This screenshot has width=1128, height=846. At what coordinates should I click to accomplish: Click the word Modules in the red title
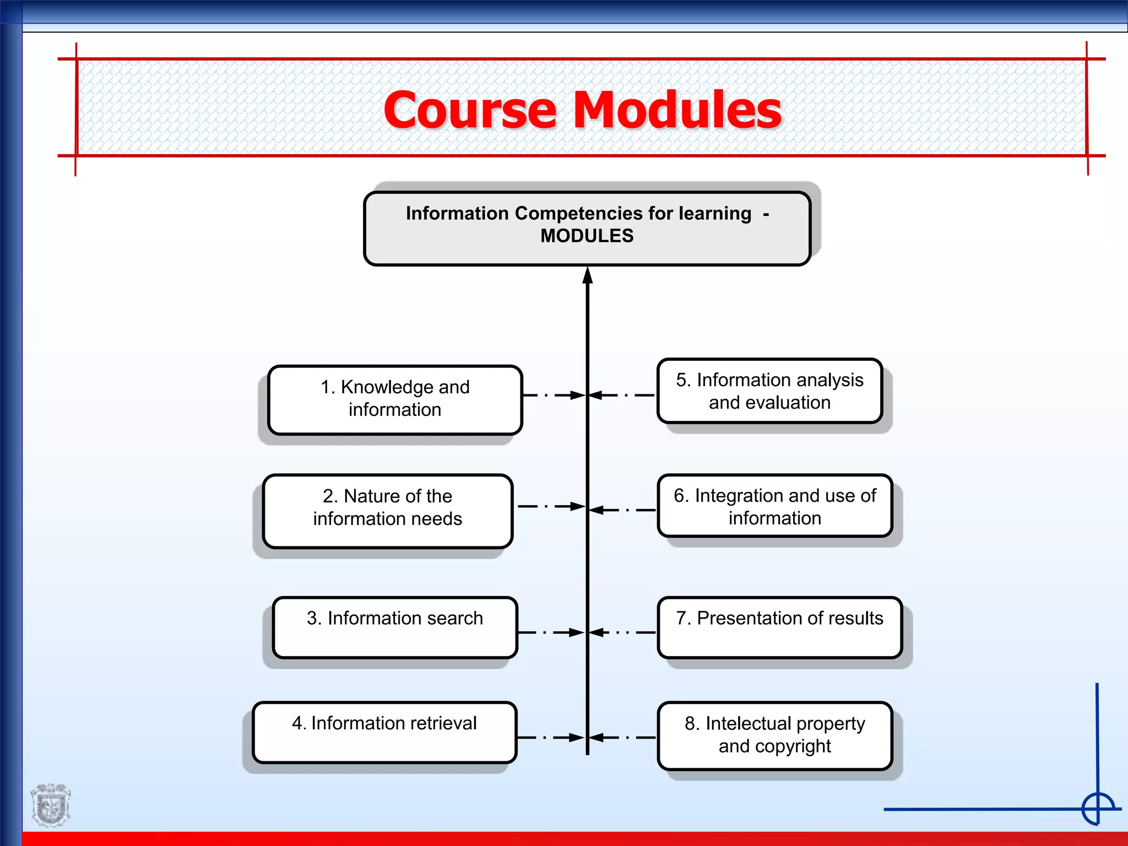point(677,110)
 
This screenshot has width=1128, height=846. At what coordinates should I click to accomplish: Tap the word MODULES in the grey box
point(587,236)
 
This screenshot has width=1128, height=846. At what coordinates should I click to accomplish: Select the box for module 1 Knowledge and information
point(394,400)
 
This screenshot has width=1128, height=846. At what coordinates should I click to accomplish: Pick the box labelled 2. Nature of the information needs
point(387,511)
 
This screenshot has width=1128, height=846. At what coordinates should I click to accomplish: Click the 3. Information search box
point(394,627)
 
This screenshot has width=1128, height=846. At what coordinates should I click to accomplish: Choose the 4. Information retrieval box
point(384,732)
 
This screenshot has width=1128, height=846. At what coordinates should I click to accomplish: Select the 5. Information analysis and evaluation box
point(769,391)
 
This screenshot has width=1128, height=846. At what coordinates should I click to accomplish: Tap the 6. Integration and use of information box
point(774,506)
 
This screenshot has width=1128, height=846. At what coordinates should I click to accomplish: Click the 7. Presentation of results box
point(779,627)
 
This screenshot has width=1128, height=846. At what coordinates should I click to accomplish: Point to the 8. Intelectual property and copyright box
point(774,735)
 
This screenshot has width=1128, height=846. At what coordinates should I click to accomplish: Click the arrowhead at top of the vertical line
point(588,275)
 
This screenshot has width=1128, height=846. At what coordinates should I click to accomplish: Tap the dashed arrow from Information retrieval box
point(550,737)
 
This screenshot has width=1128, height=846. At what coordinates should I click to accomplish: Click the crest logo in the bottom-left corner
point(51,805)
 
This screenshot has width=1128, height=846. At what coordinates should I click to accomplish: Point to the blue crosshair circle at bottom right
point(1098,809)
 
